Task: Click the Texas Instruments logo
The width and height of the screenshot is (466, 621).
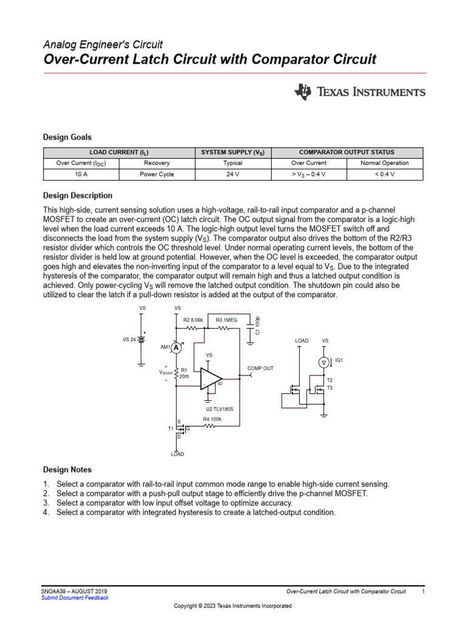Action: click(359, 92)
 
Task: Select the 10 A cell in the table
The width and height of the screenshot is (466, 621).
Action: click(81, 173)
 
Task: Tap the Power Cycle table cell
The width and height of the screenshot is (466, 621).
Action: click(157, 173)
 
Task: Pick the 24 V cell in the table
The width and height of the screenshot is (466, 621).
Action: click(232, 173)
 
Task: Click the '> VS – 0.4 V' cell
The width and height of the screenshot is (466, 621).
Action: click(308, 173)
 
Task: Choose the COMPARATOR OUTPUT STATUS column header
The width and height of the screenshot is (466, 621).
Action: click(347, 152)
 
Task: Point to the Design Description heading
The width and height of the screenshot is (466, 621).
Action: click(78, 196)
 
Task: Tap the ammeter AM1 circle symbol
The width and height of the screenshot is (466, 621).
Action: click(176, 347)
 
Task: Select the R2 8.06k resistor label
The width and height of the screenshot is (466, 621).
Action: click(193, 320)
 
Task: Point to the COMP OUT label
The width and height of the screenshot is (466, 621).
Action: click(260, 368)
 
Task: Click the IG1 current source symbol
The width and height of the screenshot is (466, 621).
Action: click(324, 362)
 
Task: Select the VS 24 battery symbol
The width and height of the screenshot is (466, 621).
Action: click(143, 340)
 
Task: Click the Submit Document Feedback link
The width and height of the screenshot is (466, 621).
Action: click(75, 597)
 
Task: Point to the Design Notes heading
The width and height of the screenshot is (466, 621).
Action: click(67, 469)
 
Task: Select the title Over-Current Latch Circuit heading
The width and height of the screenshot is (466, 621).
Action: click(210, 59)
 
